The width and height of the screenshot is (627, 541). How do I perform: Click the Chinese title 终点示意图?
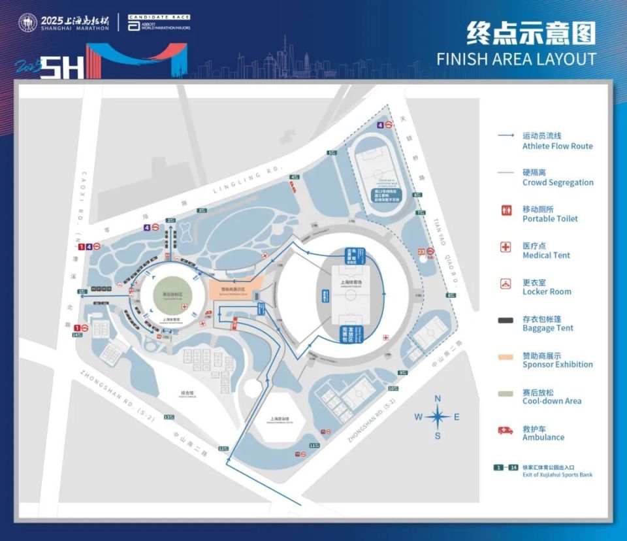point(531,33)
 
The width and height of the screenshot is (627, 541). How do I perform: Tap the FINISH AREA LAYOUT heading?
point(516,59)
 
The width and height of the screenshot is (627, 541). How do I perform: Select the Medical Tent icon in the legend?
point(505,247)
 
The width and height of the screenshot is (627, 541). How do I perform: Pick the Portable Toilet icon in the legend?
point(505,210)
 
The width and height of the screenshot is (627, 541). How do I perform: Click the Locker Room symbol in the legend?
point(505,284)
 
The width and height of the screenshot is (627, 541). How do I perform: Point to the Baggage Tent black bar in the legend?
point(505,320)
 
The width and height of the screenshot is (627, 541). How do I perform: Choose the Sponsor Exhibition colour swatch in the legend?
point(505,357)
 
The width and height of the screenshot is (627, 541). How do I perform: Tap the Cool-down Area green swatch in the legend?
point(505,393)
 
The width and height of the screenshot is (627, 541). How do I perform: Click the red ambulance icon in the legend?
point(505,430)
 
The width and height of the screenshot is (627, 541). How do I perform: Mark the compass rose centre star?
point(439,417)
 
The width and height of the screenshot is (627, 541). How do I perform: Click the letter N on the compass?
point(439,399)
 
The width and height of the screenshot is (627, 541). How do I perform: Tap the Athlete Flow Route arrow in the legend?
point(506,136)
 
